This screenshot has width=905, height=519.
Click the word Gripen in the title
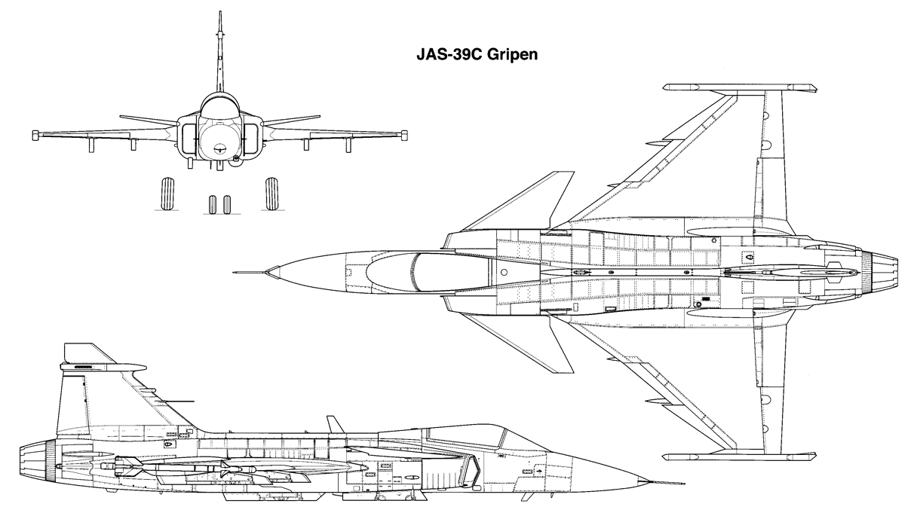(512, 54)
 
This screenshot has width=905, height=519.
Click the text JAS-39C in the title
(449, 53)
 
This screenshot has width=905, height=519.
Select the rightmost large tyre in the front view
(272, 194)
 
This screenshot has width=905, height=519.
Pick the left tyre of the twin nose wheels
(212, 205)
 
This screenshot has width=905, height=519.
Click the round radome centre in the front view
(220, 150)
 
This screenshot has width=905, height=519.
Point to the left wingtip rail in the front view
(35, 135)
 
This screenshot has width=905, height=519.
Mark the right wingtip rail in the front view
(404, 135)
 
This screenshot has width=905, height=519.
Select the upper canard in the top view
(529, 202)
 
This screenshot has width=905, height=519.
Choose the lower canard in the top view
(529, 343)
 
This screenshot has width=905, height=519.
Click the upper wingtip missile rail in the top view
(740, 87)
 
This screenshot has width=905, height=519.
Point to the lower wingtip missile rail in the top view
(740, 456)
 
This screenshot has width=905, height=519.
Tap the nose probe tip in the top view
(234, 273)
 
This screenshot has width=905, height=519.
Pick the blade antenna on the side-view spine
(336, 425)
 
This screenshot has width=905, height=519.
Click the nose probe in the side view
(667, 482)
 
